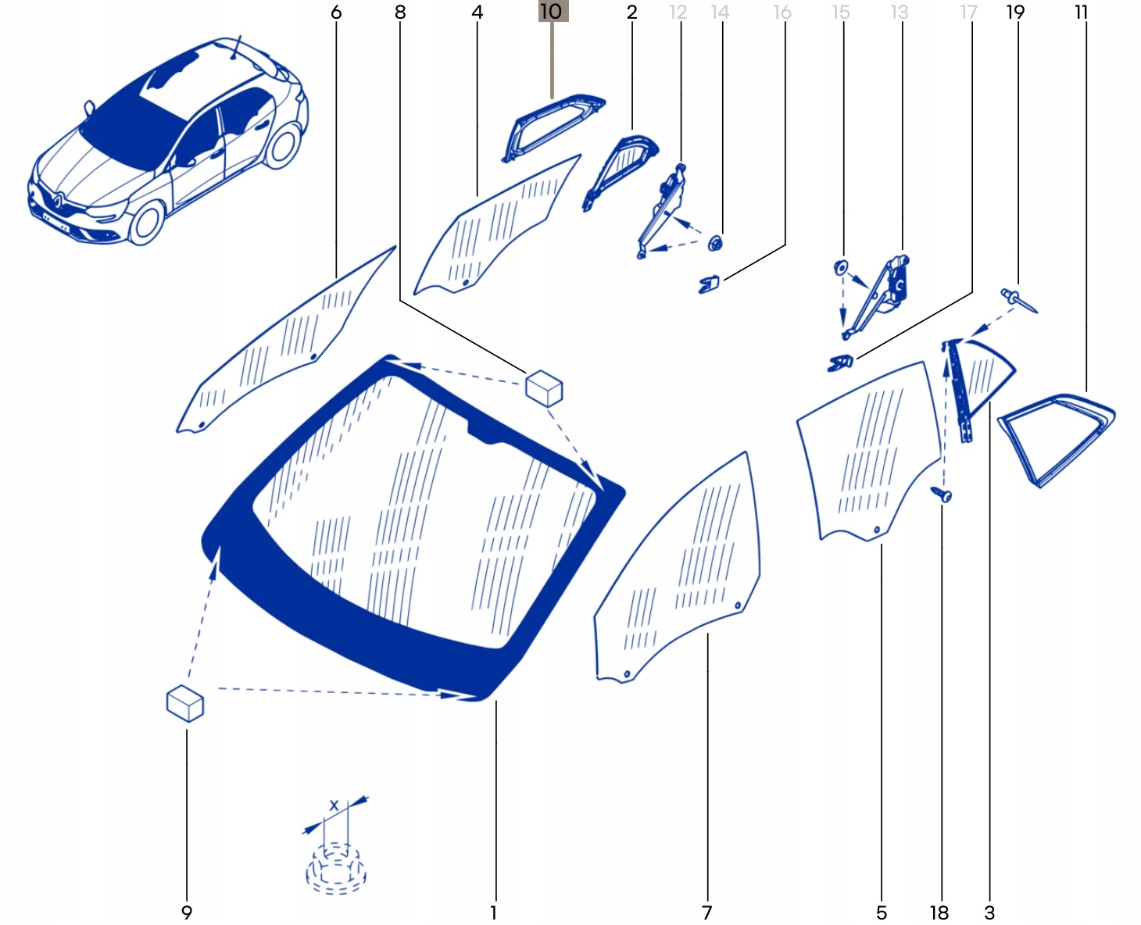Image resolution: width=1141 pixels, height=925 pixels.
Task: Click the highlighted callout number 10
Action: tap(552, 12)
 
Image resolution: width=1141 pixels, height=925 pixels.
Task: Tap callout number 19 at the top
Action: tap(1014, 12)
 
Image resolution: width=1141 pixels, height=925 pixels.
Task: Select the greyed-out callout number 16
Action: tap(782, 12)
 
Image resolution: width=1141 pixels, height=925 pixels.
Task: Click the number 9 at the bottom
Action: tap(186, 912)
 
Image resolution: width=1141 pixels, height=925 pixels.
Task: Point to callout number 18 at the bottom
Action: tap(939, 912)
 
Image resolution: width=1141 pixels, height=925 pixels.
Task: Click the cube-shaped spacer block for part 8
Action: tap(544, 387)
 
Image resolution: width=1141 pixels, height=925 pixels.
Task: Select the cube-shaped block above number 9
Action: tap(185, 702)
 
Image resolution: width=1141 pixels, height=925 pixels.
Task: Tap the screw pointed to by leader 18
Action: tap(942, 495)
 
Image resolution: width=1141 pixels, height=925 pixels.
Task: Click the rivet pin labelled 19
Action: tap(1018, 299)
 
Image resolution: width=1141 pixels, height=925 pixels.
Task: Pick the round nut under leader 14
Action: tap(716, 243)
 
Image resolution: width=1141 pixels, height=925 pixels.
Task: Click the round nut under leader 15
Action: tap(841, 267)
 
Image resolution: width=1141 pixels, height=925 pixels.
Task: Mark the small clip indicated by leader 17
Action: tap(840, 362)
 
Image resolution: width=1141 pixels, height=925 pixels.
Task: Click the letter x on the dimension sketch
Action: tap(334, 805)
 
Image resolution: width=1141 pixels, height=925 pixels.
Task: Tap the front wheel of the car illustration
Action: tap(146, 222)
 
